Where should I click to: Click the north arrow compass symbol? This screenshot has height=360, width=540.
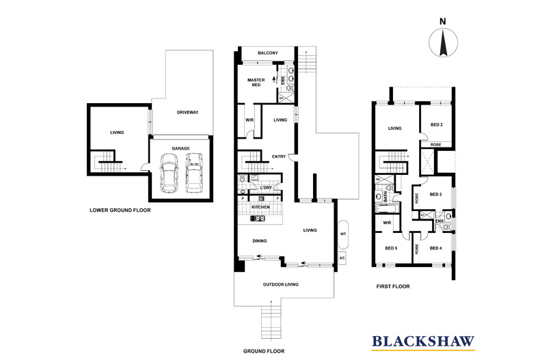point(443,42)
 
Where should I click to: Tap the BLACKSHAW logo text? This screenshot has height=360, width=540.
point(423,341)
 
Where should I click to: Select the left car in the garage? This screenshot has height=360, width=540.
point(169,173)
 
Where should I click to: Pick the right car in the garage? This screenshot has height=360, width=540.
point(194,173)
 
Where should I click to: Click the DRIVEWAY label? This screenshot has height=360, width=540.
point(187,112)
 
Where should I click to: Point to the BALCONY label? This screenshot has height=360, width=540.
point(267,53)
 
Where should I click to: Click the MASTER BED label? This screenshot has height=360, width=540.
point(256,82)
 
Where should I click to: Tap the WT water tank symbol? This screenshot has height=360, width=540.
point(343,234)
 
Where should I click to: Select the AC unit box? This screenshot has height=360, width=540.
point(342,258)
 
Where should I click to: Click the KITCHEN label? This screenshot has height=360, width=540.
point(260,207)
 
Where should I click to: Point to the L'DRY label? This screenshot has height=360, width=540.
point(266,188)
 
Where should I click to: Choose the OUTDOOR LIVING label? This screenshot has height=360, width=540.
point(281,284)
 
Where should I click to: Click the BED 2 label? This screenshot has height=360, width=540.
point(436,124)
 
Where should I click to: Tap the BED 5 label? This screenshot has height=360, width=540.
point(391,248)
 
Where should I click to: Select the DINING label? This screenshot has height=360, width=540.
point(259,241)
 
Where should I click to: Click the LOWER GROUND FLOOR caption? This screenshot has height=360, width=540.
point(120,210)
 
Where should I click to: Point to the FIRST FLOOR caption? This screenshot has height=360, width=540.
point(393,286)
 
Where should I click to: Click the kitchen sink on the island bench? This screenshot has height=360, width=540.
point(258,218)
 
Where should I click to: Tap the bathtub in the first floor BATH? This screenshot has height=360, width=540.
point(387,208)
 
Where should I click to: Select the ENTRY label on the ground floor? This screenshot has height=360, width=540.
point(279,156)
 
